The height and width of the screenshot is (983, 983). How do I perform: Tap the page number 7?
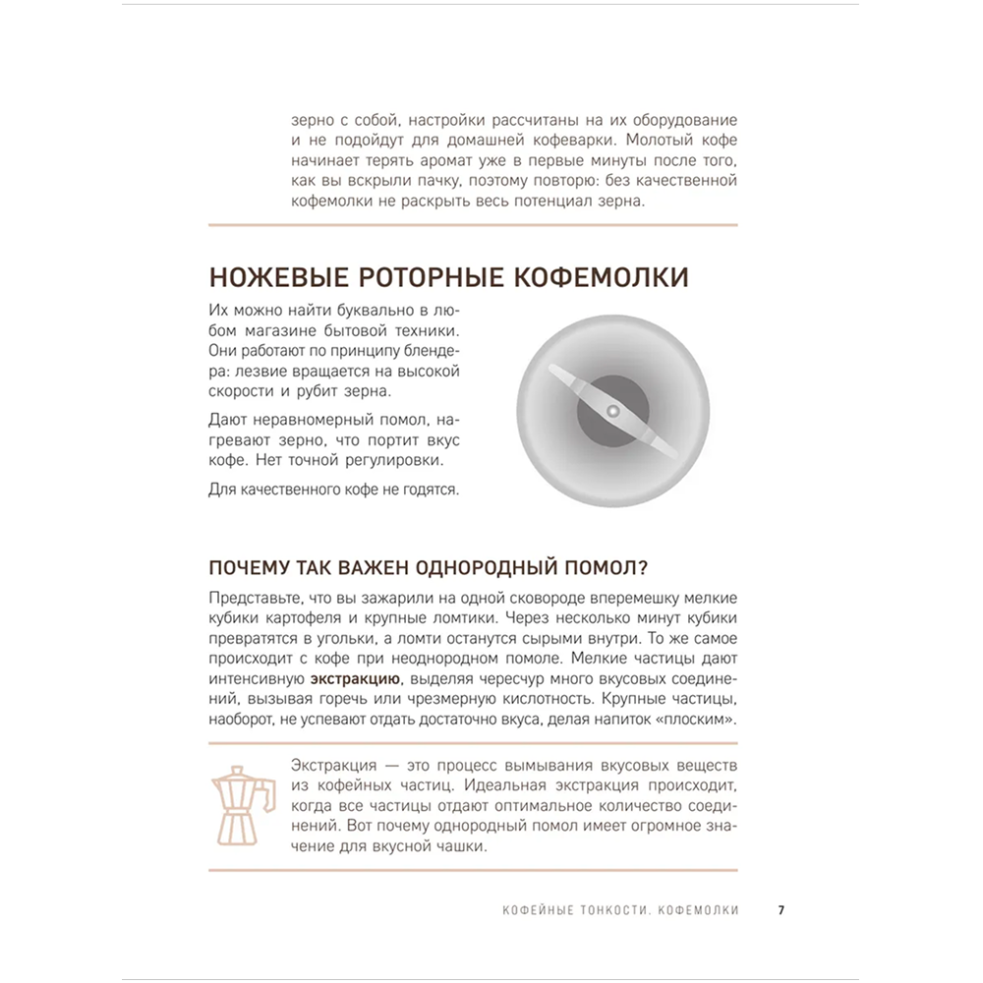(x=781, y=910)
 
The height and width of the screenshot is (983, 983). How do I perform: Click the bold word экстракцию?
(x=355, y=679)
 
